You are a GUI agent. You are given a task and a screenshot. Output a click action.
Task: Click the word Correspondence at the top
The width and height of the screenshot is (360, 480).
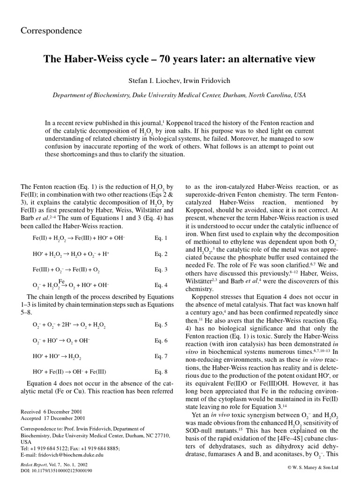point(52,31)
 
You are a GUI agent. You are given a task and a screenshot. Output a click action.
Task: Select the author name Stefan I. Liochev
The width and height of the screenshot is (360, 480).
point(150,81)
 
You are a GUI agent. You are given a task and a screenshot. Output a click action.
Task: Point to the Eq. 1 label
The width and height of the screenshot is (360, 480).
point(161,239)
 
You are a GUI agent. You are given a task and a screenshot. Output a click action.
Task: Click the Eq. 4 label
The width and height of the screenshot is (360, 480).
point(161,285)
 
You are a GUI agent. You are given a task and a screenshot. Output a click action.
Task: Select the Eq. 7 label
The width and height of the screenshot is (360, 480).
point(161,357)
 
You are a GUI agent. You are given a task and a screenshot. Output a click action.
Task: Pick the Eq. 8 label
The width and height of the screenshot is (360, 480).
point(161,373)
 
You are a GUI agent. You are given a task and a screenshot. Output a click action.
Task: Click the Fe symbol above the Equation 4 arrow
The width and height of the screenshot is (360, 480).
point(61,281)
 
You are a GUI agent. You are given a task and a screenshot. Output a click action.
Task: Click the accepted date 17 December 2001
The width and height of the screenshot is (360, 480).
point(67,418)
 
